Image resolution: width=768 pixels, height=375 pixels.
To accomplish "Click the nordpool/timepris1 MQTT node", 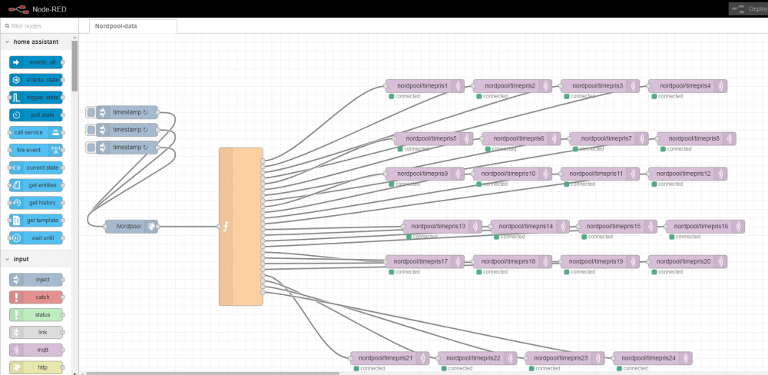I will coord(419,86).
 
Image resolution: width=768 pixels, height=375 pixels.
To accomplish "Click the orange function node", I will coord(240,227).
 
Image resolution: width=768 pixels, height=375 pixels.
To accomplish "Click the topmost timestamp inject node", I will coord(128,112).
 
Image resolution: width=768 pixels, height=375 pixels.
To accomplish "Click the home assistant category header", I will coord(35,41).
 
